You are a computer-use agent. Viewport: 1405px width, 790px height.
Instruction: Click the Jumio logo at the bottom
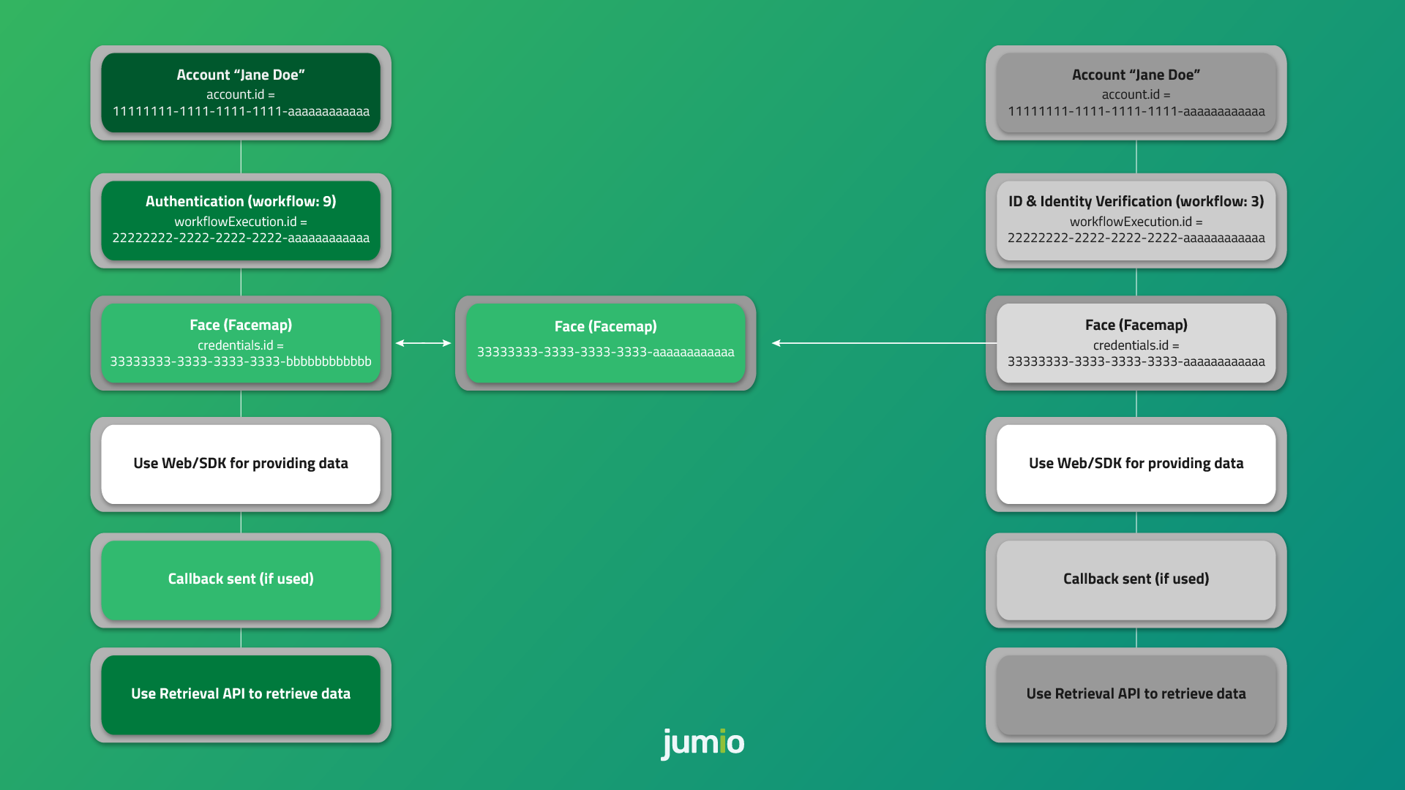tap(702, 742)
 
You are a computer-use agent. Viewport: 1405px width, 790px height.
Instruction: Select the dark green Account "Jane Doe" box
tap(241, 93)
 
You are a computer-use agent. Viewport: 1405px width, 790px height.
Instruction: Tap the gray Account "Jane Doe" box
tap(1136, 93)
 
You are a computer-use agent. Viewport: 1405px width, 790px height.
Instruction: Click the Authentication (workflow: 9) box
tap(241, 220)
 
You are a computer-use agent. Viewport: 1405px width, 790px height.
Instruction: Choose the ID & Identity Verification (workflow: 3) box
tap(1136, 220)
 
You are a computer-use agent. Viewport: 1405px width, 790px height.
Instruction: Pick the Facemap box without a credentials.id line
tap(605, 342)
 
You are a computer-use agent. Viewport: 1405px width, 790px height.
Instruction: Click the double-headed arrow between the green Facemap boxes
tap(423, 343)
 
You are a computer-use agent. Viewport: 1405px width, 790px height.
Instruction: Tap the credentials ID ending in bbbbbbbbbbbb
tap(241, 361)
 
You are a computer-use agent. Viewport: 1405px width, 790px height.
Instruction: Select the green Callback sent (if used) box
tap(241, 579)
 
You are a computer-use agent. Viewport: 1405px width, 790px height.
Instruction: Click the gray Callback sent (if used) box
tap(1136, 579)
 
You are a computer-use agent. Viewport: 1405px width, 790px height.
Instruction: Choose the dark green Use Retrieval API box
tap(241, 694)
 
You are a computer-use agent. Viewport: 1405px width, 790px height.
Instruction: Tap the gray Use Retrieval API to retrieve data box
tap(1136, 694)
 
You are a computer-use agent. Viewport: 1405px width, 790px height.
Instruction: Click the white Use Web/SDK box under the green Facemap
tap(241, 464)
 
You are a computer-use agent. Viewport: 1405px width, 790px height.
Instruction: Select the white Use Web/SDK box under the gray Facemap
tap(1136, 464)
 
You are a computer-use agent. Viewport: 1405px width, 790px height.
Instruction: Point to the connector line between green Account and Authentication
tap(241, 157)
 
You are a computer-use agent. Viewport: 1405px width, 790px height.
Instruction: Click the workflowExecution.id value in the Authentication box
tap(241, 238)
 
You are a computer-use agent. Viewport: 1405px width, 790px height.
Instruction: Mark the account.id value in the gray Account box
tap(1136, 112)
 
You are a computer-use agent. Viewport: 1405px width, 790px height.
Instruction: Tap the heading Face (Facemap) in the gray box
tap(1136, 325)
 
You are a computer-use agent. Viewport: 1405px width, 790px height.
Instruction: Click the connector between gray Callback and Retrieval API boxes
tap(1136, 637)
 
